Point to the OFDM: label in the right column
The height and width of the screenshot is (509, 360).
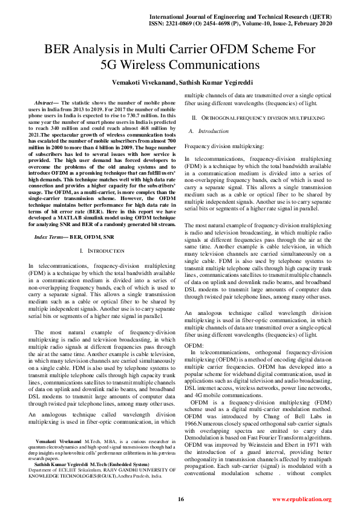[x=193, y=345]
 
